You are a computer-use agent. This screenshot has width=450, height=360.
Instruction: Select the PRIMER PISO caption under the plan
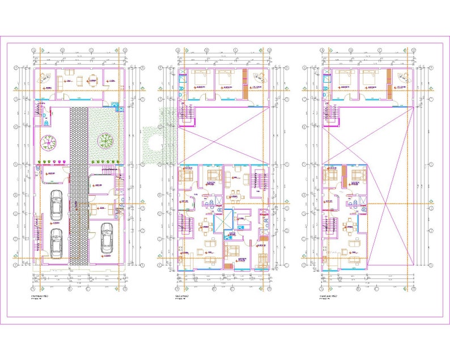(x=43, y=296)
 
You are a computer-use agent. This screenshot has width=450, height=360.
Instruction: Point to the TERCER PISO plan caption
(x=328, y=296)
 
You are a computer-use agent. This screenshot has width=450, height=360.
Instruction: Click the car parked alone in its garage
(x=107, y=239)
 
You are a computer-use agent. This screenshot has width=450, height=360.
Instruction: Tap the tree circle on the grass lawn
(x=105, y=139)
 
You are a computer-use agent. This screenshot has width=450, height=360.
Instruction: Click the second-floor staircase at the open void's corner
(x=185, y=114)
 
